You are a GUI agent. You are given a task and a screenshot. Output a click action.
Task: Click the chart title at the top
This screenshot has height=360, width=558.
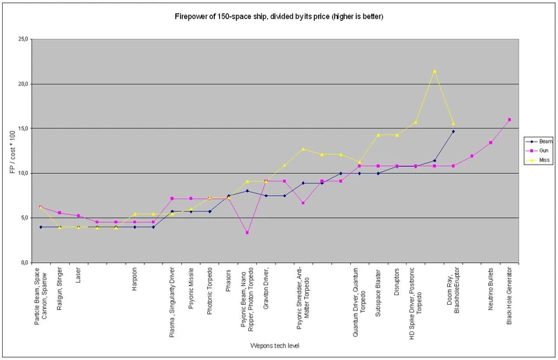tap(278, 15)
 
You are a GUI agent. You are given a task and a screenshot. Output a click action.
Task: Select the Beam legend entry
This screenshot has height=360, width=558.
tap(537, 140)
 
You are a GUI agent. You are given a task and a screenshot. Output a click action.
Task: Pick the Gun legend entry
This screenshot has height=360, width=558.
tap(536, 150)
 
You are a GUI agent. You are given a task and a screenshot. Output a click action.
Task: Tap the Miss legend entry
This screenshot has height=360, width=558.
tap(536, 160)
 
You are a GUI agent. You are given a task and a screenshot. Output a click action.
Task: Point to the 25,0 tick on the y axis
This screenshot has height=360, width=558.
tap(21, 40)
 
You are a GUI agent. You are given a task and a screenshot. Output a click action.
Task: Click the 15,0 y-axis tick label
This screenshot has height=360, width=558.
tap(21, 129)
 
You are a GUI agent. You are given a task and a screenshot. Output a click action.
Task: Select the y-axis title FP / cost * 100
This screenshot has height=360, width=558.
tap(10, 151)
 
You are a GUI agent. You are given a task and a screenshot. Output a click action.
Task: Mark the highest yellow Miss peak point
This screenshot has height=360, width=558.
tap(435, 70)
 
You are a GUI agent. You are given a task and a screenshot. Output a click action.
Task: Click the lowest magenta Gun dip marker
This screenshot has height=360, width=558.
tap(247, 232)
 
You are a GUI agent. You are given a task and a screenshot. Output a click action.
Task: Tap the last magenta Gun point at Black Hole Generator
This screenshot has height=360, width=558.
tap(510, 120)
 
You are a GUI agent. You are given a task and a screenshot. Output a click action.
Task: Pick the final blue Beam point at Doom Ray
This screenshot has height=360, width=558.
tap(453, 131)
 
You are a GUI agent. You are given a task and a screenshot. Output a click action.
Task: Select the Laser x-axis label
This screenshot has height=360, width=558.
tap(78, 277)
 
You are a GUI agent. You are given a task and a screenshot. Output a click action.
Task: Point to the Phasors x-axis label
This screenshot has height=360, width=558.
tap(228, 281)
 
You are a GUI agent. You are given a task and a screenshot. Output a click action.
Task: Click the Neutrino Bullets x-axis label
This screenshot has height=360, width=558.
tap(491, 292)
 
